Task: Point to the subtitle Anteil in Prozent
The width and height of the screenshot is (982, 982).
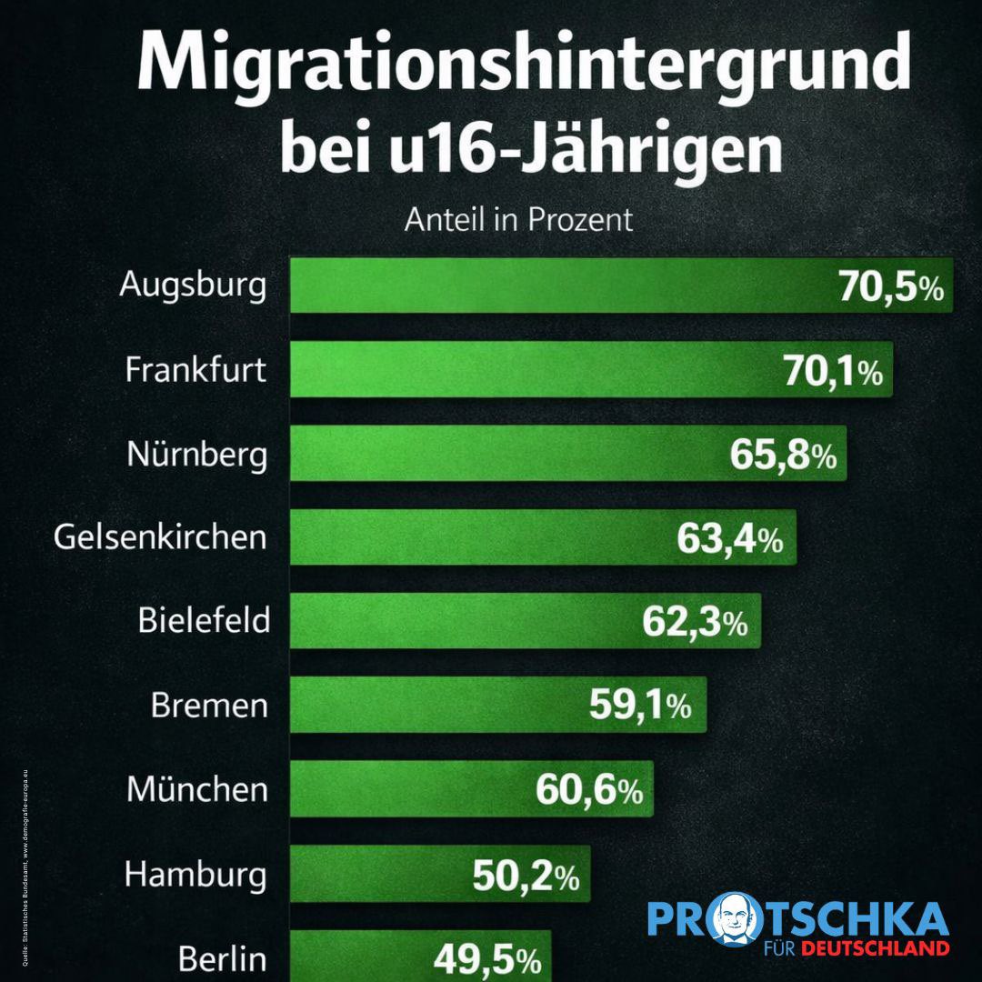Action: pos(518,220)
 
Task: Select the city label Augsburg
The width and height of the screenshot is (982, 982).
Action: pos(194,286)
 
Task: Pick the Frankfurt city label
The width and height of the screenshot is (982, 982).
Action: pos(195,370)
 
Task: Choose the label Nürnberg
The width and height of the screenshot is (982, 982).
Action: pos(197,454)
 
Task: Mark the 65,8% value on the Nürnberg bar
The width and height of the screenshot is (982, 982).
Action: pos(783,455)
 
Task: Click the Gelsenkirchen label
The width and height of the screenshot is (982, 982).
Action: pos(160,537)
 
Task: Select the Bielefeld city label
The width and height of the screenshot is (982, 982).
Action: pos(204,621)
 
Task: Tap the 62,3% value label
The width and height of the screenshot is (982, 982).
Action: pos(695,623)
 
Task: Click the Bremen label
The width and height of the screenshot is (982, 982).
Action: pos(209,706)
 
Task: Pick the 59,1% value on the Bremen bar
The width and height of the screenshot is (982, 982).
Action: pos(640,706)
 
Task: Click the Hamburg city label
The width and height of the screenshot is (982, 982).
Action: pos(195,876)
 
